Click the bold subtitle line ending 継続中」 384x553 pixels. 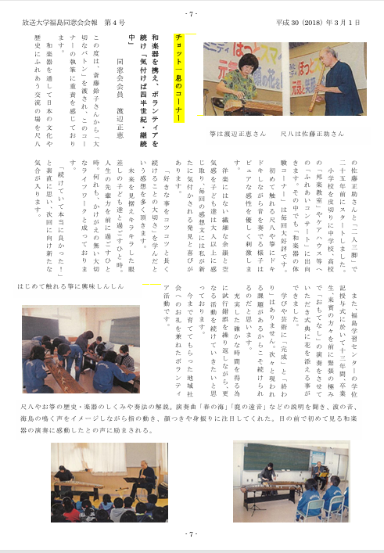click(x=134, y=78)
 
